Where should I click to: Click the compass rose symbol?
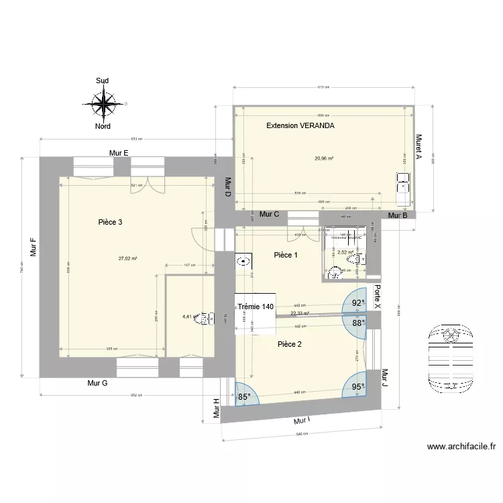pos(103,103)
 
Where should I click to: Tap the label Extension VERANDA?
pos(300,125)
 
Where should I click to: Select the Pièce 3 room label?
pos(110,222)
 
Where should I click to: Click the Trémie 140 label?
pos(256,306)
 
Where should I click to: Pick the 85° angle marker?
pos(244,396)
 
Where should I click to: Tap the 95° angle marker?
pos(358,387)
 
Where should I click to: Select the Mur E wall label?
pos(119,153)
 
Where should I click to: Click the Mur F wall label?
pos(32,247)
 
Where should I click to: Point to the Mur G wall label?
pos(98,383)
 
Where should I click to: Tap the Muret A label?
pos(418,147)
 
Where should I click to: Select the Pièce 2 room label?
pos(290,344)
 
